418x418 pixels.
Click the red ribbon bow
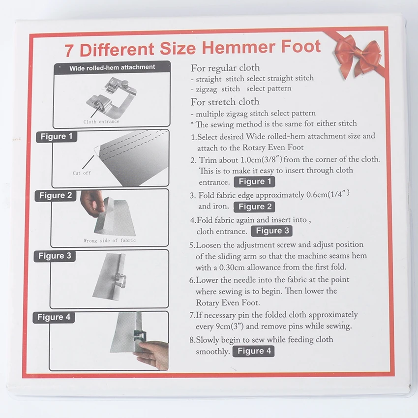point(358,56)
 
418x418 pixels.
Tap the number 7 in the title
point(69,50)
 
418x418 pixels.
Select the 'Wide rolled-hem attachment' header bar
point(112,67)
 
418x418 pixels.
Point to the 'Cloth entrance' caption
point(101,122)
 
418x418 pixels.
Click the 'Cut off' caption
point(82,173)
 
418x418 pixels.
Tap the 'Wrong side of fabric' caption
point(110,240)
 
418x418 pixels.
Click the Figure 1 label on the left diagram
point(57,137)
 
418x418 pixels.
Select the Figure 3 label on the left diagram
point(55,256)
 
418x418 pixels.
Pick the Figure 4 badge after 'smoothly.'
point(254,351)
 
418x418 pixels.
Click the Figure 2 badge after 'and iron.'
point(254,207)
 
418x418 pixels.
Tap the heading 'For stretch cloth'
point(225,102)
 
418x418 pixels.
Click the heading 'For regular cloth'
point(225,68)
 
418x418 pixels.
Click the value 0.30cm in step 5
point(232,268)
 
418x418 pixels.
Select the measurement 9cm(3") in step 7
point(230,327)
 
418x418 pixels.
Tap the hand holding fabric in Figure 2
point(91,203)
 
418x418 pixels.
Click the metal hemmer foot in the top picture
point(112,95)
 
